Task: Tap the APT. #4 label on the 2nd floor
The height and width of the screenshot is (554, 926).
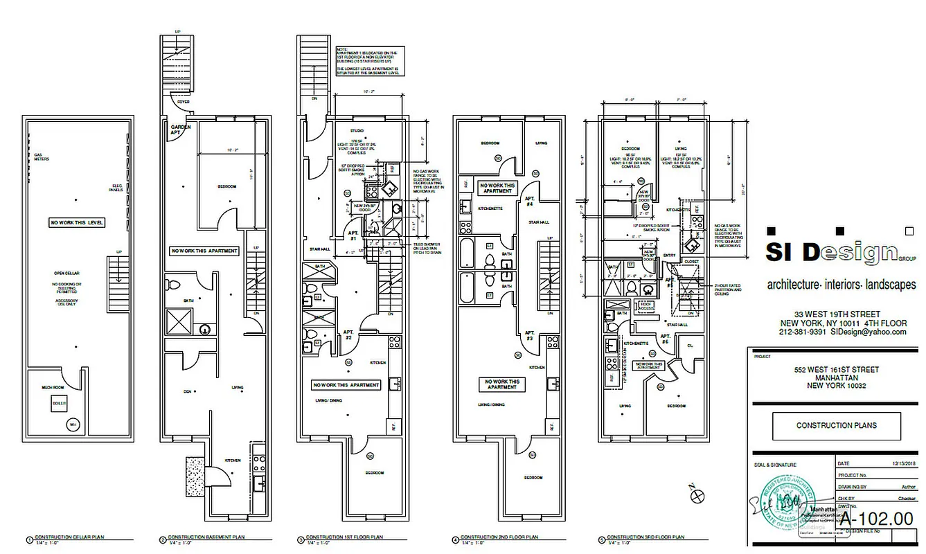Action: coord(528,203)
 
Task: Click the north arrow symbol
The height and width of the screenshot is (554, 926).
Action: coord(697,494)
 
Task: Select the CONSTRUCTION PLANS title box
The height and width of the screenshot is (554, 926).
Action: coord(837,426)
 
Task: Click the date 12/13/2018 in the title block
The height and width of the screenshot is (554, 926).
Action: coord(887,463)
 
